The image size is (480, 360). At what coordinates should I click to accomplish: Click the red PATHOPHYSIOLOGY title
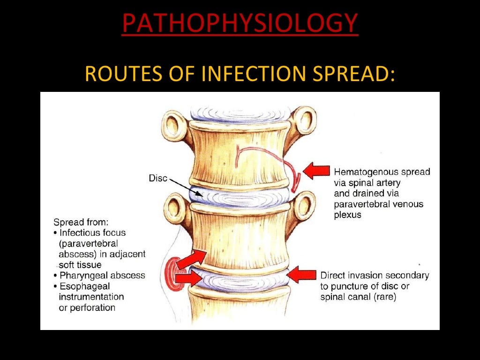(240, 23)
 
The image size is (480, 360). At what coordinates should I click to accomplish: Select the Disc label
(158, 178)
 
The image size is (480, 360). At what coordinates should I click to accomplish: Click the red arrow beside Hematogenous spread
(316, 171)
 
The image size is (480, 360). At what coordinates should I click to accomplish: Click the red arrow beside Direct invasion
(302, 275)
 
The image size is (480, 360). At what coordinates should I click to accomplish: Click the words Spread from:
(81, 222)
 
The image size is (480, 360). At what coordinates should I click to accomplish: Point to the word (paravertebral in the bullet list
(88, 243)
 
